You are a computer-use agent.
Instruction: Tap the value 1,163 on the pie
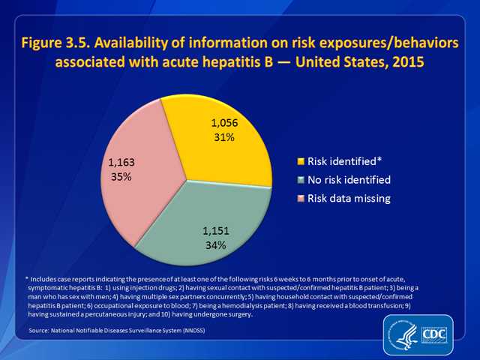[121, 164]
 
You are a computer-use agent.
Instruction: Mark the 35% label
[121, 178]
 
